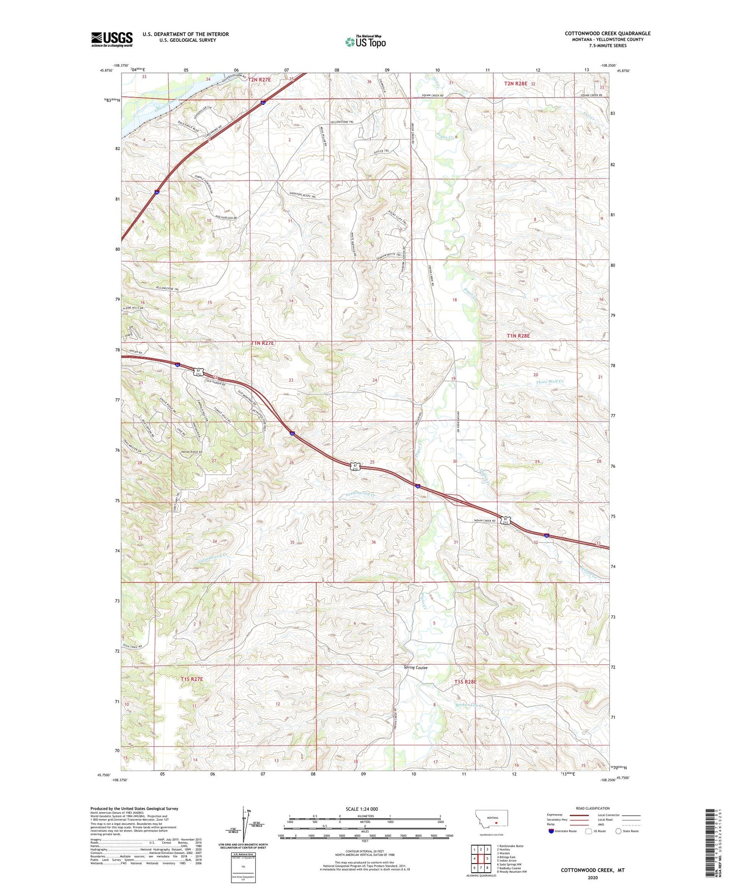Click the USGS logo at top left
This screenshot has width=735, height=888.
pyautogui.click(x=111, y=39)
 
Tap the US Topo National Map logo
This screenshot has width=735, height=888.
pyautogui.click(x=365, y=41)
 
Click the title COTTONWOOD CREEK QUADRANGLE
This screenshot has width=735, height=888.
pyautogui.click(x=607, y=34)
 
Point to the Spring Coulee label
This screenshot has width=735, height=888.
pyautogui.click(x=416, y=667)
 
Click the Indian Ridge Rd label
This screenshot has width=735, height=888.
pyautogui.click(x=191, y=452)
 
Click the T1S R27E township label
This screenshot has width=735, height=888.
pyautogui.click(x=192, y=679)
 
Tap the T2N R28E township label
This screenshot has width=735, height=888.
pyautogui.click(x=516, y=83)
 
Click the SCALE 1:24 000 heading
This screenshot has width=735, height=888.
pyautogui.click(x=362, y=809)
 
